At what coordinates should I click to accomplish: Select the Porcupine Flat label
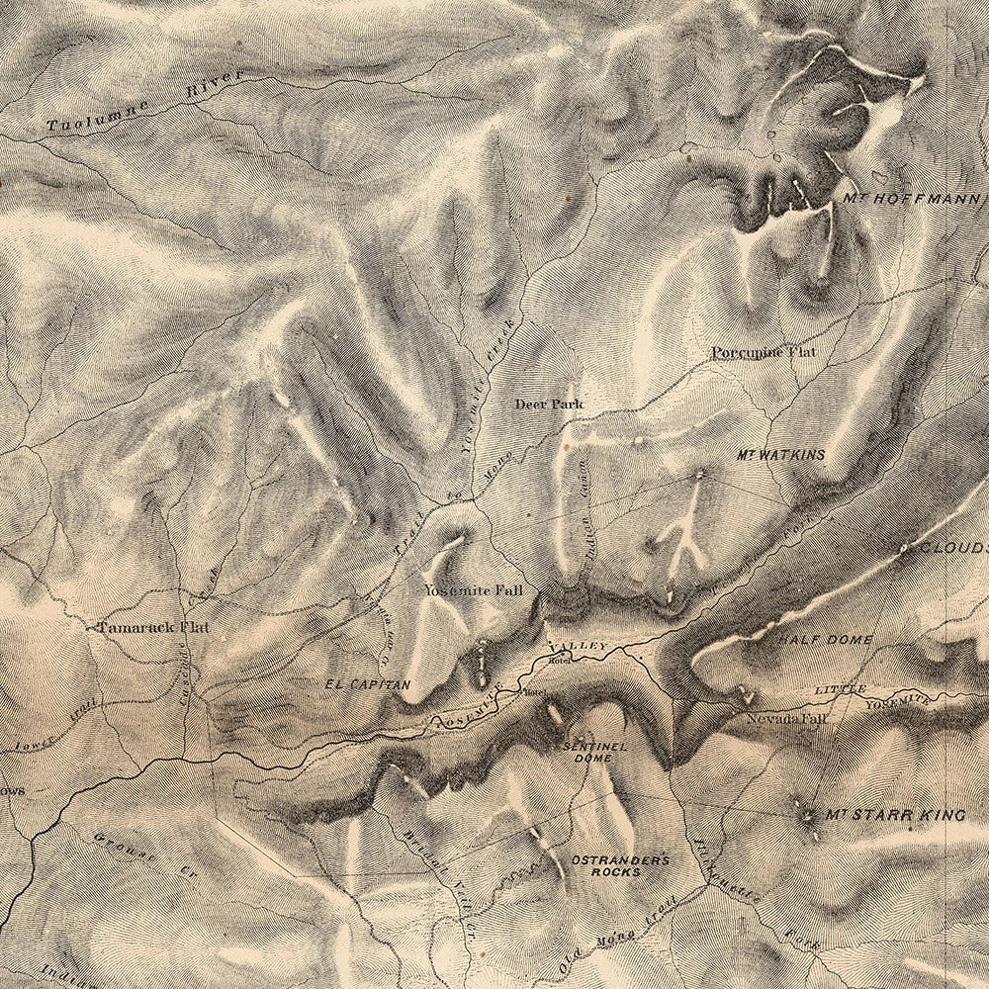coord(761,352)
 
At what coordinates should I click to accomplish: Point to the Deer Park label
coord(549,404)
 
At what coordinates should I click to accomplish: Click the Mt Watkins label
coord(780,455)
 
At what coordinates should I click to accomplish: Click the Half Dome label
coord(824,641)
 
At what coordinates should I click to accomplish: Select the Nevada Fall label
coord(786,719)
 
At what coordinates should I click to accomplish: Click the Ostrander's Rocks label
coord(619,865)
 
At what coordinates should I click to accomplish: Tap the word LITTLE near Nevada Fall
coord(841,689)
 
